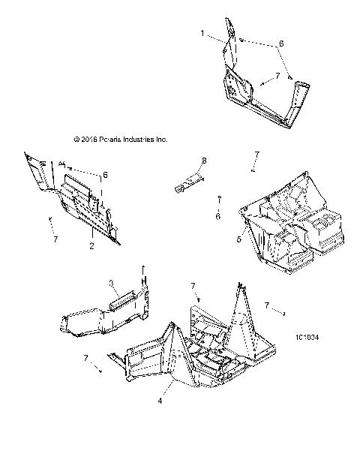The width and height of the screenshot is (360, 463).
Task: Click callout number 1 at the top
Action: click(202, 33)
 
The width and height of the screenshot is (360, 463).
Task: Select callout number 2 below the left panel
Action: click(92, 245)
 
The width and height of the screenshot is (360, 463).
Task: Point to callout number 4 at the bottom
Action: click(160, 401)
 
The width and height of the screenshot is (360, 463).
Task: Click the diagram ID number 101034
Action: click(307, 338)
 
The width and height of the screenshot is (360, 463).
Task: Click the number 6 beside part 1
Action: click(281, 44)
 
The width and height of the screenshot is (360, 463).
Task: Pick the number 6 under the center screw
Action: click(217, 216)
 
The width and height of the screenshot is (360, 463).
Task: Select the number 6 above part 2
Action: click(106, 174)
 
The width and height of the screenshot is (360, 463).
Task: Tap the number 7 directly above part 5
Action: click(256, 154)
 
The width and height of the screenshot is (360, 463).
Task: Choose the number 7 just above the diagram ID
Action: click(268, 305)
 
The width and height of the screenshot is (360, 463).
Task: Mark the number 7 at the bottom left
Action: click(85, 358)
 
